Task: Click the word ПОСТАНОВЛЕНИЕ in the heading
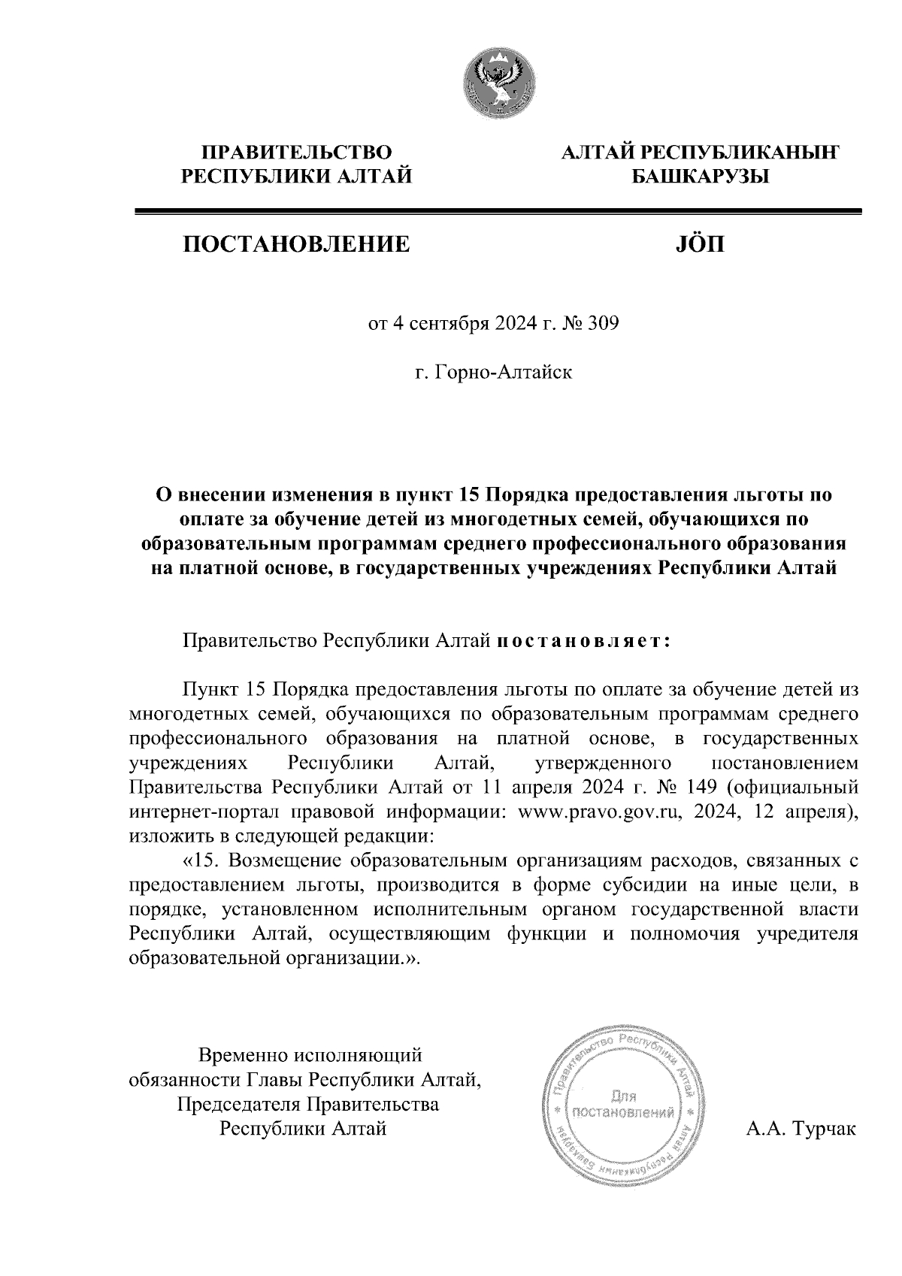pos(294,244)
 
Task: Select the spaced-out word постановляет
pos(582,642)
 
